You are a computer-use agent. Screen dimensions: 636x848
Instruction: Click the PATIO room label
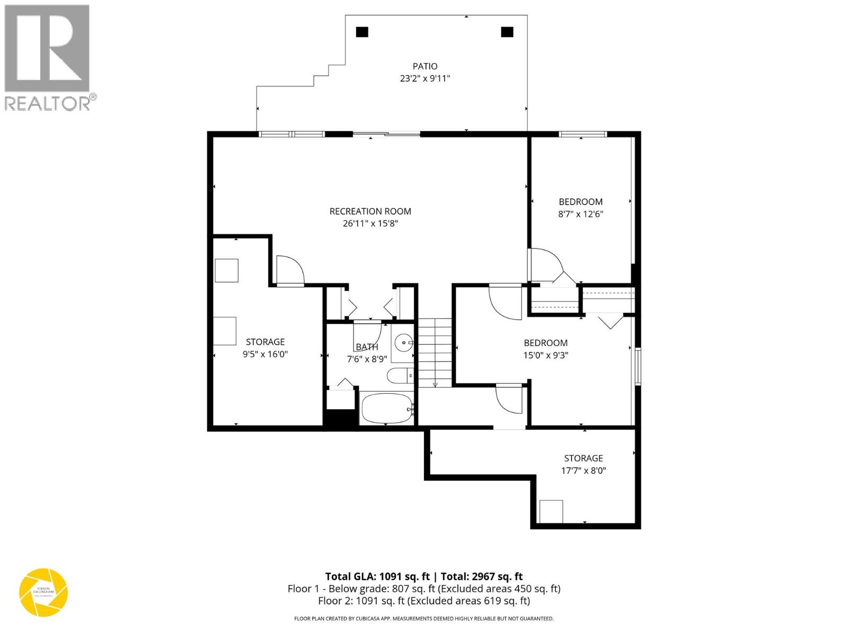(x=425, y=66)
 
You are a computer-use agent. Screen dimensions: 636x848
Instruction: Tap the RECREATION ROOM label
(x=370, y=211)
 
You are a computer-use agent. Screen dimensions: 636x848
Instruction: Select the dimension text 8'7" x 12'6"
(x=581, y=214)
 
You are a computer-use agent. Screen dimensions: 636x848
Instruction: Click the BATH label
(x=367, y=347)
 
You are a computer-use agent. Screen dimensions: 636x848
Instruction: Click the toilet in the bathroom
(x=399, y=376)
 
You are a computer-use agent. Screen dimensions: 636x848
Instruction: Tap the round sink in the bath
(x=404, y=342)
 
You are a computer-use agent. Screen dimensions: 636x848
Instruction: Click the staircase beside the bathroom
(x=435, y=352)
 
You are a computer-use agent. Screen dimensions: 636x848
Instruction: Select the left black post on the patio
(x=362, y=32)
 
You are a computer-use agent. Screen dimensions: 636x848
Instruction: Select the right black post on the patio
(x=507, y=32)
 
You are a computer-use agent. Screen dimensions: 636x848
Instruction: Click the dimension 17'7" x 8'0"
(x=583, y=471)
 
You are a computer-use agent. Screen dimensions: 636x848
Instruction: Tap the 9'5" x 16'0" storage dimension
(x=265, y=354)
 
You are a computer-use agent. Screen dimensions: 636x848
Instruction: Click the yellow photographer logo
(x=43, y=592)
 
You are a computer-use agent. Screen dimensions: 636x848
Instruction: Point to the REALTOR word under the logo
(x=48, y=103)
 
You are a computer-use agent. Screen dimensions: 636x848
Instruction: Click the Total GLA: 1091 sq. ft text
(x=377, y=577)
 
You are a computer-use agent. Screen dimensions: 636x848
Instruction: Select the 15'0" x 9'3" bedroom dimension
(x=545, y=355)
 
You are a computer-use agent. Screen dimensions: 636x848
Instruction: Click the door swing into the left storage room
(x=290, y=270)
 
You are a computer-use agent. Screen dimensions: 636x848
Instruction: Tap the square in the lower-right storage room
(x=551, y=511)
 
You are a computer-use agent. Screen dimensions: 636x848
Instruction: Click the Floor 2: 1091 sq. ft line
(x=424, y=601)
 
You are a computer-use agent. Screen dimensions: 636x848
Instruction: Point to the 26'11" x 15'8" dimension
(x=370, y=224)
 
